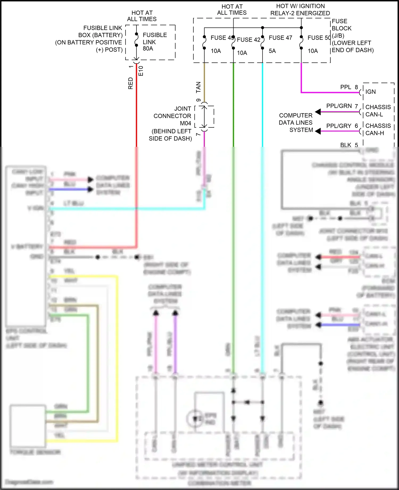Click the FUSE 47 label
(x=280, y=38)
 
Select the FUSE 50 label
(x=319, y=38)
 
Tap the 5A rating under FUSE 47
(x=272, y=51)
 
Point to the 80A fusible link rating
(x=148, y=49)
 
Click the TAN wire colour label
(x=198, y=87)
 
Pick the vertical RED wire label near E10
(x=131, y=83)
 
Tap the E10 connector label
(x=141, y=71)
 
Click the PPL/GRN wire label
(x=339, y=106)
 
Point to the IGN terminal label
(x=370, y=92)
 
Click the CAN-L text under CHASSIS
(x=374, y=114)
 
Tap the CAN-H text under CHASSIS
(x=375, y=133)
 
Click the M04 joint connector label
(x=185, y=123)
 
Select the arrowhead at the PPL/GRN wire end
(x=318, y=112)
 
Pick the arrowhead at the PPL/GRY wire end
(x=318, y=131)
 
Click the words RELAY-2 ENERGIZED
(x=300, y=13)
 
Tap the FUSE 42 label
(x=248, y=40)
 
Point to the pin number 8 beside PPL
(x=356, y=87)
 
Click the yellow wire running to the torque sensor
(x=117, y=345)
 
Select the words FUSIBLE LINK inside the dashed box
(x=155, y=38)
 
